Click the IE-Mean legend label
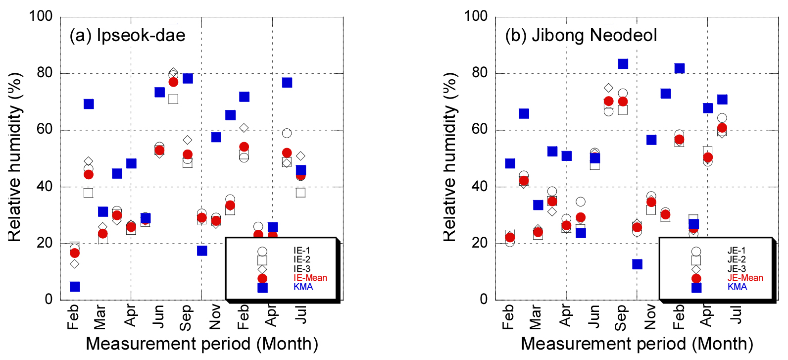tap(310, 278)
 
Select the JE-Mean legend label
tap(745, 278)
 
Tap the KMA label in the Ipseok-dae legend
tap(303, 287)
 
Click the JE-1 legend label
tap(736, 251)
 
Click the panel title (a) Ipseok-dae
tap(127, 35)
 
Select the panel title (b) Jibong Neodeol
tap(581, 35)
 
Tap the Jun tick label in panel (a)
tap(158, 316)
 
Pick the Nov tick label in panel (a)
tap(215, 317)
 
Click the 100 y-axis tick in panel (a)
tap(41, 16)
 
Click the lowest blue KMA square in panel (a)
tap(75, 286)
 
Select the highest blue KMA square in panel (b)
tap(623, 63)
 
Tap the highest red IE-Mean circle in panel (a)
tap(173, 82)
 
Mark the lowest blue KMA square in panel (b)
tap(637, 264)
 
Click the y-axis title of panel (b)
tap(449, 157)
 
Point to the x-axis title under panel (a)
tap(202, 344)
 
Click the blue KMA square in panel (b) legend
tap(696, 287)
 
